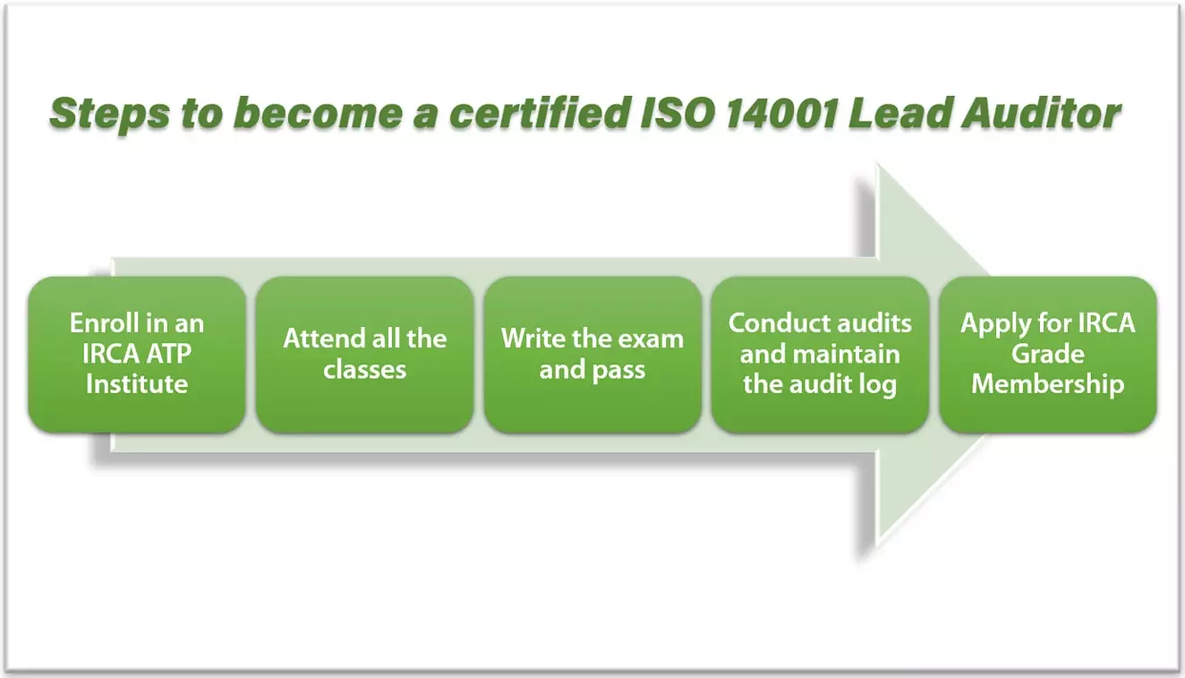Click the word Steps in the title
click(x=110, y=114)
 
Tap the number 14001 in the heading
click(x=782, y=112)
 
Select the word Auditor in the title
click(x=1042, y=112)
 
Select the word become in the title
click(x=318, y=112)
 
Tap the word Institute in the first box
click(x=137, y=383)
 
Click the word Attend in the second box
click(x=317, y=339)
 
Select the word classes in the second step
click(x=365, y=369)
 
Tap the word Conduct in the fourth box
click(x=770, y=322)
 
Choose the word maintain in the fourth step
click(x=847, y=354)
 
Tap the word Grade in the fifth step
click(x=1048, y=354)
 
